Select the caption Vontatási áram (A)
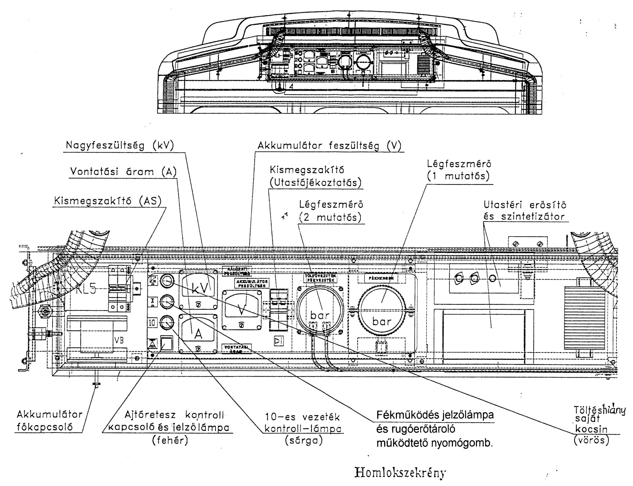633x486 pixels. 123,172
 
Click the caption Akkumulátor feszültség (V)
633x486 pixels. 329,146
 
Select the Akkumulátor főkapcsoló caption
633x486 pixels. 49,421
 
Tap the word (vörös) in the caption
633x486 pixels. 591,440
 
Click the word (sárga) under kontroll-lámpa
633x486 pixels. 304,441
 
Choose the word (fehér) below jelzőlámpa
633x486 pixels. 170,441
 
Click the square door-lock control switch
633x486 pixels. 166,343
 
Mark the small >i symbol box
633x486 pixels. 279,341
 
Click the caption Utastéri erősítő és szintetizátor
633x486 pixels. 524,211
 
